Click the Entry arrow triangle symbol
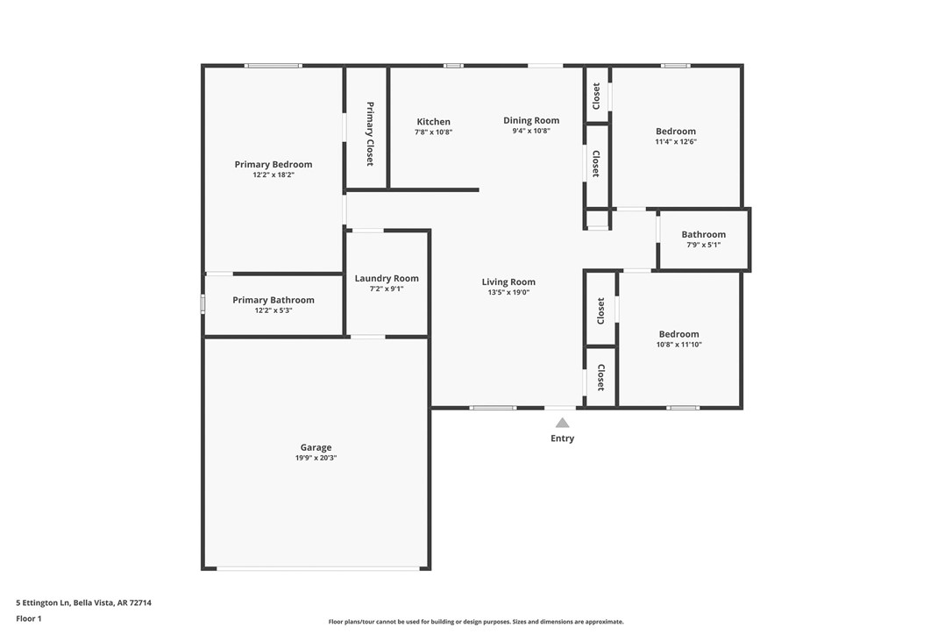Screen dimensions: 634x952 click(x=562, y=423)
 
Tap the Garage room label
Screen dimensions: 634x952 click(x=316, y=447)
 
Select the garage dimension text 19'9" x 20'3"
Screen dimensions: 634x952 click(x=316, y=458)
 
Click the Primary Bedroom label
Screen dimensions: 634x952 click(x=273, y=164)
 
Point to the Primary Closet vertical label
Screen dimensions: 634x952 click(x=370, y=134)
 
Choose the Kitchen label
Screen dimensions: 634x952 click(x=433, y=122)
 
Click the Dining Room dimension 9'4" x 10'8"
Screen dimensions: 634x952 click(x=530, y=132)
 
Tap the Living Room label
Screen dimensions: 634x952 click(x=508, y=281)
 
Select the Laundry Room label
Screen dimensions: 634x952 click(x=387, y=278)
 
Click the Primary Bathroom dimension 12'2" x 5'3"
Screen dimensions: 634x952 click(x=273, y=310)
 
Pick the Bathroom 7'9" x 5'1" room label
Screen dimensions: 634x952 click(x=703, y=234)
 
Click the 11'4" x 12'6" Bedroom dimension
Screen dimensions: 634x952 click(x=675, y=142)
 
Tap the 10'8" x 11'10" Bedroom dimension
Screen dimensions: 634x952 click(x=678, y=345)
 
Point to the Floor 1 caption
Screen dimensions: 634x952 click(x=28, y=618)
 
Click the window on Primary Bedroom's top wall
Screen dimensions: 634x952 click(x=273, y=66)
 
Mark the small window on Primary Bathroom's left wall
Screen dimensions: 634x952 click(x=203, y=303)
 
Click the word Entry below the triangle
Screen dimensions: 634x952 click(x=562, y=438)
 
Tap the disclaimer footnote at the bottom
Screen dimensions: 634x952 click(x=475, y=622)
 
